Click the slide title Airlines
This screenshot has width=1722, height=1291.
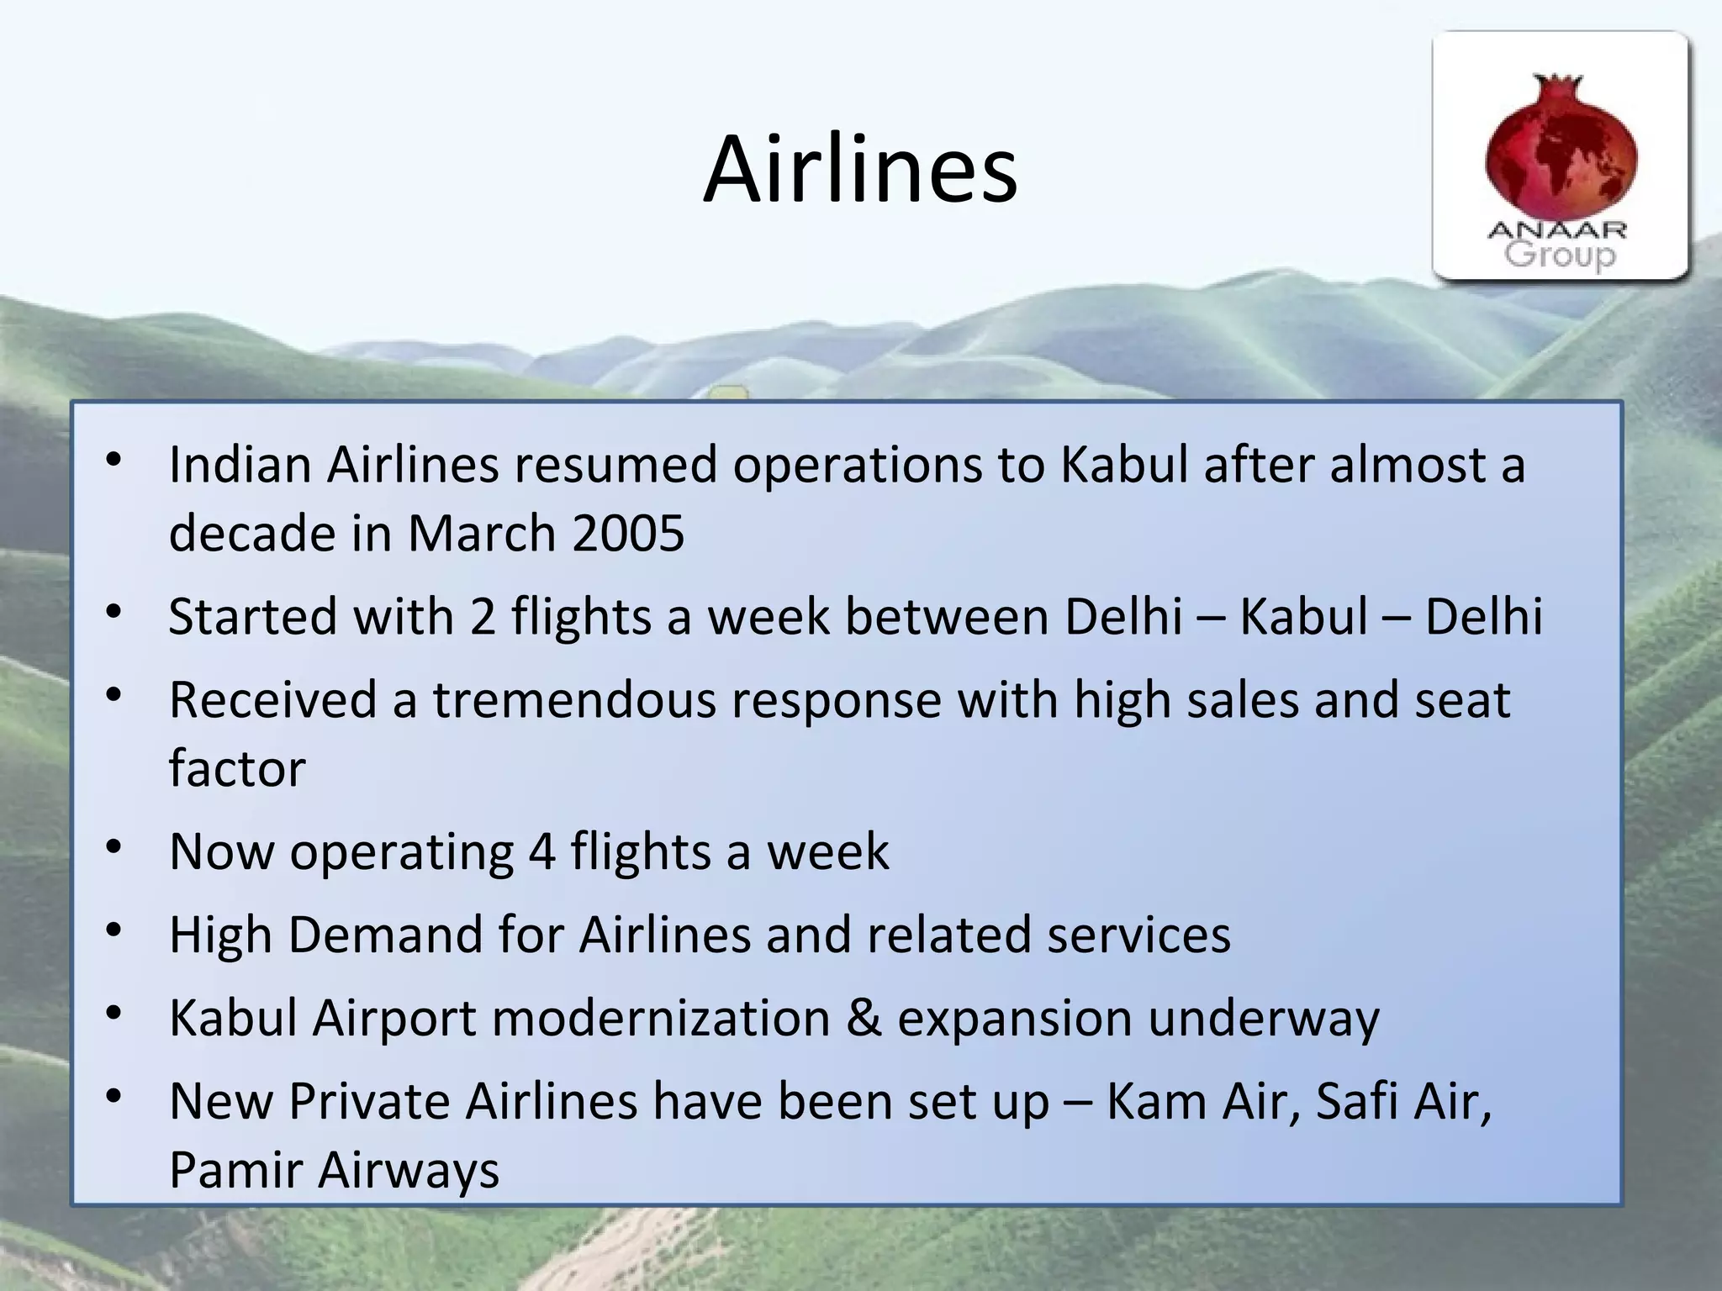click(x=860, y=171)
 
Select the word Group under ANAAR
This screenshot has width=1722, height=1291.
click(x=1560, y=255)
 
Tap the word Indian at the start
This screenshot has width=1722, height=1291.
click(x=240, y=464)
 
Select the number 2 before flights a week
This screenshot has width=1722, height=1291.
click(x=483, y=616)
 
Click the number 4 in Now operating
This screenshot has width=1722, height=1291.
click(x=542, y=851)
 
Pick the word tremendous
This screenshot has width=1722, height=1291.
click(x=574, y=699)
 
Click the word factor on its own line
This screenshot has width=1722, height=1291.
click(x=237, y=768)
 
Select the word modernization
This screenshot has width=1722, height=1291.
click(x=661, y=1018)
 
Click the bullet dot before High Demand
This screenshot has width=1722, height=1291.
click(x=115, y=930)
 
